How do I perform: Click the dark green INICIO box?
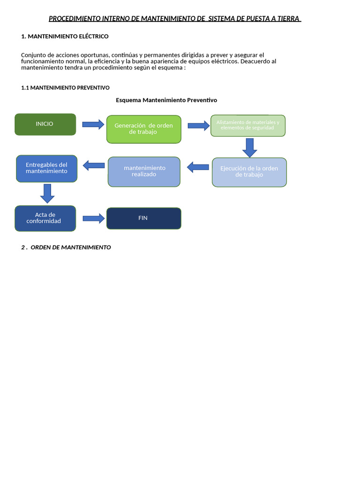click(45, 124)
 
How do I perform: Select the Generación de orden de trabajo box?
click(143, 129)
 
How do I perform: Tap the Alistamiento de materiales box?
click(247, 125)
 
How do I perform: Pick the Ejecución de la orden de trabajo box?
click(249, 172)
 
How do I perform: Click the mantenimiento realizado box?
click(144, 172)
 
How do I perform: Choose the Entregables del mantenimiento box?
click(46, 168)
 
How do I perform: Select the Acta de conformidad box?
click(45, 218)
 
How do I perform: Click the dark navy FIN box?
click(143, 218)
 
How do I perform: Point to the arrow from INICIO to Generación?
click(93, 124)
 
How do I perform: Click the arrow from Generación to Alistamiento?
click(199, 125)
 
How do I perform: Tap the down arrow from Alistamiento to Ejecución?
click(250, 147)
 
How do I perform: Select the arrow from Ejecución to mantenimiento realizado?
click(198, 166)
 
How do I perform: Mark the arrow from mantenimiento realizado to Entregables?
click(94, 165)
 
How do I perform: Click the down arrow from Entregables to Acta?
click(47, 193)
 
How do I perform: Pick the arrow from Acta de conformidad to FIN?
click(93, 218)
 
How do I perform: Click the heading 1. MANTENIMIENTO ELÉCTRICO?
click(65, 36)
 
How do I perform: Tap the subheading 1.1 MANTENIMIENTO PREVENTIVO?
click(65, 88)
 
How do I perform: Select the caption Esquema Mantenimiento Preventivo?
click(166, 100)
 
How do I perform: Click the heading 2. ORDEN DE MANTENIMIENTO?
click(66, 247)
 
